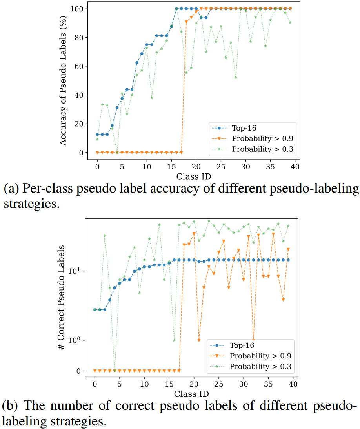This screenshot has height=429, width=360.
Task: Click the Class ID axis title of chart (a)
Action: click(193, 176)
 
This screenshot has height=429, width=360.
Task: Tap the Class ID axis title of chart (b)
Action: click(191, 393)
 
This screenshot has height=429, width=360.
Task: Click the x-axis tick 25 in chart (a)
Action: click(221, 166)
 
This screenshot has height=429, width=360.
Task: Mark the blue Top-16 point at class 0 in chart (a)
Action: click(97, 135)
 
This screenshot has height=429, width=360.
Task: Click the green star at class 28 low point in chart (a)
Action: click(236, 78)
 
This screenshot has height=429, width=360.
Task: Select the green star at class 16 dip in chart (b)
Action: click(174, 340)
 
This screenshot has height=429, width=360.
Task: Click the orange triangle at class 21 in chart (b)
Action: click(199, 340)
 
